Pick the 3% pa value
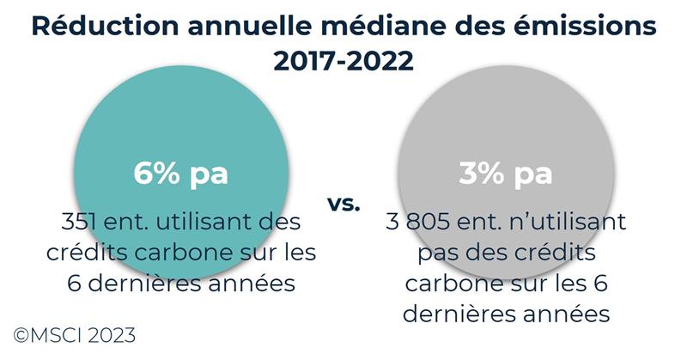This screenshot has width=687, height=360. pyautogui.click(x=505, y=173)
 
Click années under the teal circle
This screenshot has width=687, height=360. pyautogui.click(x=249, y=284)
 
